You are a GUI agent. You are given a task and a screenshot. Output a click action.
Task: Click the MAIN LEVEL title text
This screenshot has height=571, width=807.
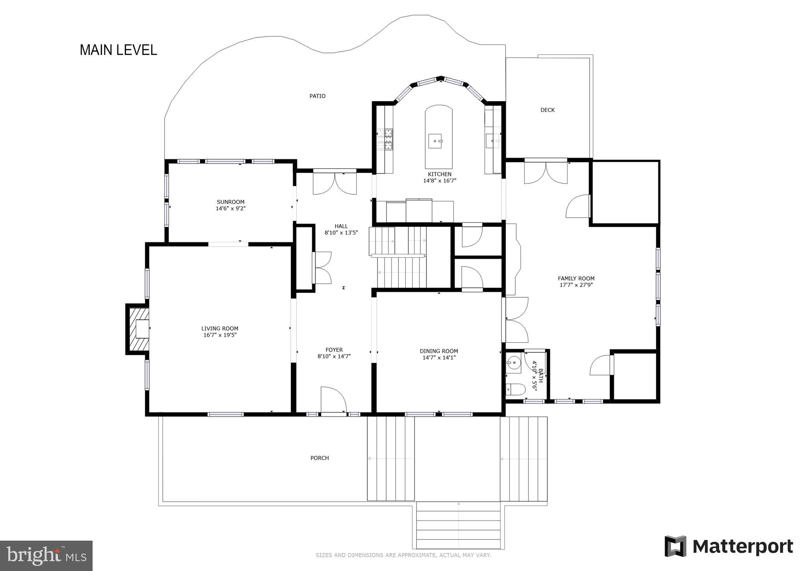[118, 50]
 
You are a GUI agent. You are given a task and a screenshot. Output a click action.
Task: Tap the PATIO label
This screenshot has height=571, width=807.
[317, 96]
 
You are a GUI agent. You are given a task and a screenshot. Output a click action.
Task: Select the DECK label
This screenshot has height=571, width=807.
[547, 110]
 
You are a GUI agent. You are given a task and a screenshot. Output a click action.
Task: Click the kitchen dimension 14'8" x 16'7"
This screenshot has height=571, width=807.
[439, 181]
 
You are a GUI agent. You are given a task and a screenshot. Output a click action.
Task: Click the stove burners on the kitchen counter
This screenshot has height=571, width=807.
[385, 140]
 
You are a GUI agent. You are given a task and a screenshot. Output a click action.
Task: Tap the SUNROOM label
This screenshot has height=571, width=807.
[231, 202]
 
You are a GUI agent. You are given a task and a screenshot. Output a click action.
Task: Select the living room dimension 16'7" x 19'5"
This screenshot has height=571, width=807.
[220, 335]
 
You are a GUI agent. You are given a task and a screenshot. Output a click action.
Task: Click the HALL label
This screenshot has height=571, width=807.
[341, 226]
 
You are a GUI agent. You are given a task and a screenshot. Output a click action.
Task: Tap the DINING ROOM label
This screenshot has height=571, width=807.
[439, 351]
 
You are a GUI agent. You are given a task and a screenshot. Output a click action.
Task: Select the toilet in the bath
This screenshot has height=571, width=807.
[515, 390]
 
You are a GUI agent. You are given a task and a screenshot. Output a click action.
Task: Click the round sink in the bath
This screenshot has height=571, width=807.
[514, 362]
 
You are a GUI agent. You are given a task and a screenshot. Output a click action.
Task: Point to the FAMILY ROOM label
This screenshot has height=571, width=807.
[576, 278]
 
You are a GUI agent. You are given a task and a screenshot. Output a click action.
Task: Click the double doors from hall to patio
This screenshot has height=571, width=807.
[335, 183]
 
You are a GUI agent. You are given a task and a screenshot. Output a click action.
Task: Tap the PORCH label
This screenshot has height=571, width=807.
[319, 458]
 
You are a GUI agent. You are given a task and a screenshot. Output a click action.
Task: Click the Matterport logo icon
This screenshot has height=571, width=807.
[675, 546]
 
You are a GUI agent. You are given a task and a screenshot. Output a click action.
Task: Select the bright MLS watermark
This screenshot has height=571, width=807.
[46, 556]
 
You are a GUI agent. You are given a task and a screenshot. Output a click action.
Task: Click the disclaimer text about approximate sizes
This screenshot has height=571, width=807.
[403, 555]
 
